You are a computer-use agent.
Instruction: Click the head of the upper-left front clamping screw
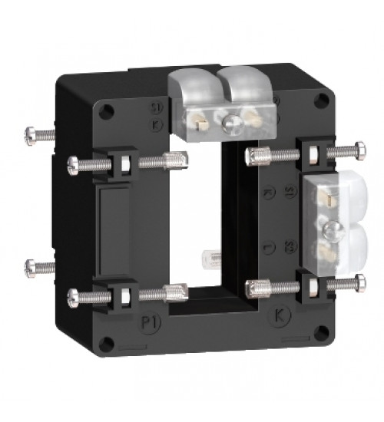tap(73, 163)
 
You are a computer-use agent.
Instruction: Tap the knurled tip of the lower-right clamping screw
tap(252, 288)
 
